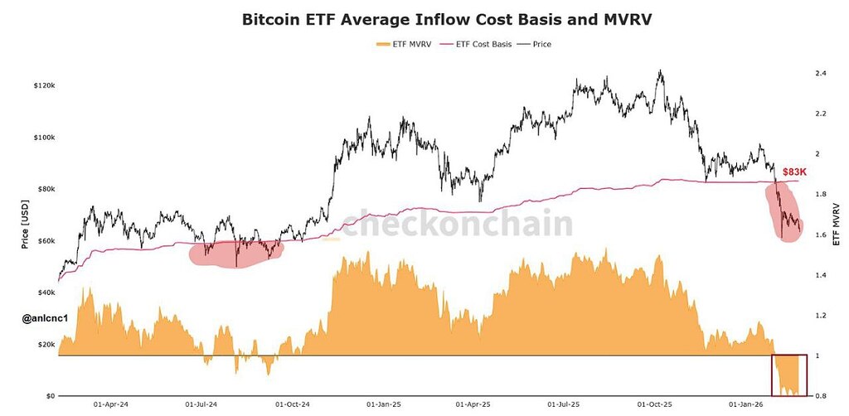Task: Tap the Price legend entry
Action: [537, 44]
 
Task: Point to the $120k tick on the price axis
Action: [44, 86]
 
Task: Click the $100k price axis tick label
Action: [44, 138]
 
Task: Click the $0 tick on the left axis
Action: [51, 396]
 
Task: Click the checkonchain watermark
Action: [457, 224]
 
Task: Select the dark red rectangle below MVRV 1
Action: [788, 375]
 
